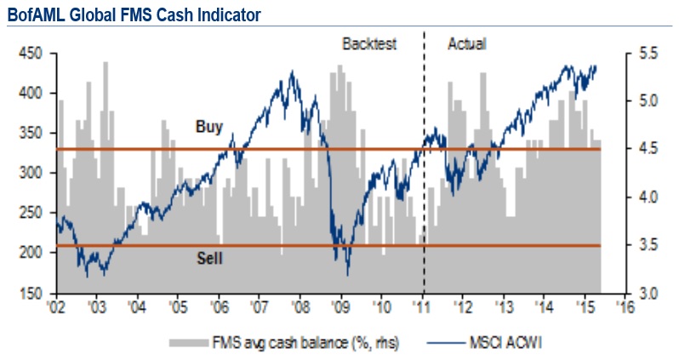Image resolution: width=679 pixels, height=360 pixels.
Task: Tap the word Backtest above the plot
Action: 369,43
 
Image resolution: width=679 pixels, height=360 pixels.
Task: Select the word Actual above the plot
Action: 466,43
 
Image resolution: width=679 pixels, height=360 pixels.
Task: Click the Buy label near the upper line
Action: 208,128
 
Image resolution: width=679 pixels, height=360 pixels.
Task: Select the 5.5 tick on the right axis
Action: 648,53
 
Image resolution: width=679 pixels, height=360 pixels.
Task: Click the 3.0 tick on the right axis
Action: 648,293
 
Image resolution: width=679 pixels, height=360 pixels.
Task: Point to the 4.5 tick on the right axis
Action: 648,149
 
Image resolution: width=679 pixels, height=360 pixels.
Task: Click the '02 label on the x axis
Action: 56,306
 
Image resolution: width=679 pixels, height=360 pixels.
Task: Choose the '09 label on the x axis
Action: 340,306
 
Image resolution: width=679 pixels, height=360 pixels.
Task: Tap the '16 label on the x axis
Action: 626,306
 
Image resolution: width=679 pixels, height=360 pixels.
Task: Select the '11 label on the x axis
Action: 423,306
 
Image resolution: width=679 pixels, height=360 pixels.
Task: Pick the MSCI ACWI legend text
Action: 502,342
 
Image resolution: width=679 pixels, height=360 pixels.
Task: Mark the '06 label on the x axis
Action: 219,306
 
